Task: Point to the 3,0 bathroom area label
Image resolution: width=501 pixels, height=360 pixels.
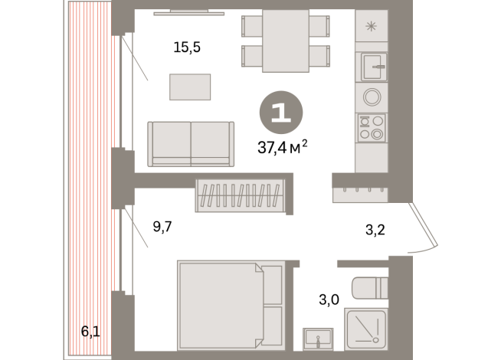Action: (x=329, y=299)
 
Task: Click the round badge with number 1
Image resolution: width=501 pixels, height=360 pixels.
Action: (x=281, y=113)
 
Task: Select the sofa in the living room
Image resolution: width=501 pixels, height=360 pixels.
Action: (x=190, y=143)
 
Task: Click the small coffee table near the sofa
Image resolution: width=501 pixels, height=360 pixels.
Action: (x=190, y=86)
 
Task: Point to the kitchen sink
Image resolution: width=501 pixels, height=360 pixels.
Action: (x=374, y=67)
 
